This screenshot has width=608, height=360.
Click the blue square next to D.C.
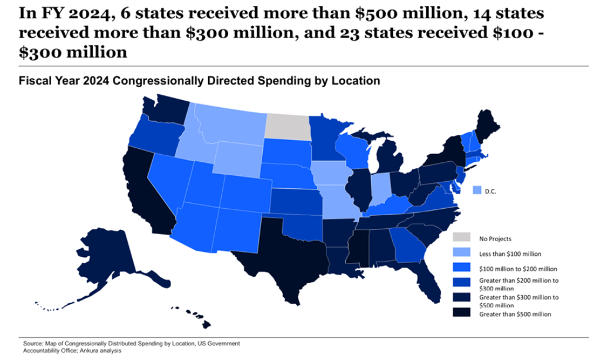pyautogui.click(x=477, y=191)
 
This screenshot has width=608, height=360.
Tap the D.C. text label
pyautogui.click(x=491, y=191)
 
